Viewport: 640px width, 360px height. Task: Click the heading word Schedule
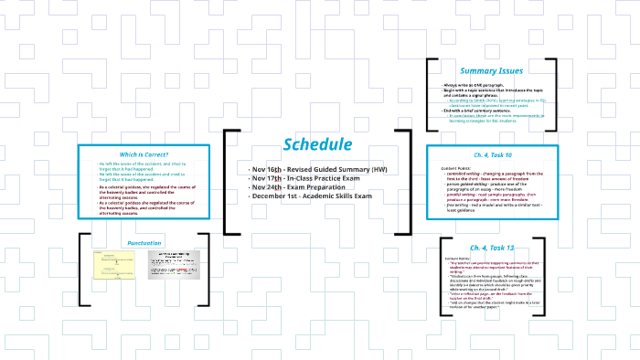(317, 145)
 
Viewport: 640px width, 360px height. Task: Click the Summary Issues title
(492, 70)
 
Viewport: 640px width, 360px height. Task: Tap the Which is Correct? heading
(132, 154)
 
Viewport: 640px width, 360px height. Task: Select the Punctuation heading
(144, 243)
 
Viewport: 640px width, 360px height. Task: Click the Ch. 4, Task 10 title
(492, 155)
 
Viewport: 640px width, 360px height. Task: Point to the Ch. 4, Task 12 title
(492, 249)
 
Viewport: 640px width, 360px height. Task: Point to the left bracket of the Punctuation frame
(83, 269)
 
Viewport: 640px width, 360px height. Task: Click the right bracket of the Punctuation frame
(205, 269)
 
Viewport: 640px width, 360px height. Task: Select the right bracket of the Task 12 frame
(551, 274)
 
